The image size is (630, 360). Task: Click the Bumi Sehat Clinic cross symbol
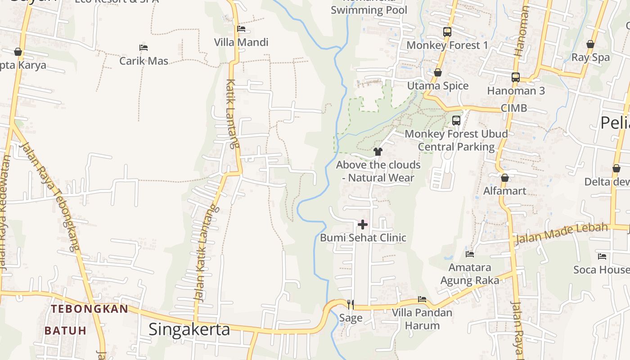pos(363,224)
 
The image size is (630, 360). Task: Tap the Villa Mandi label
pos(241,42)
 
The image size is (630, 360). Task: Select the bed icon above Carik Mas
pos(144,47)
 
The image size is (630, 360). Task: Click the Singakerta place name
pos(189,329)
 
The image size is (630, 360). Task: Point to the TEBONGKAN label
pos(89,309)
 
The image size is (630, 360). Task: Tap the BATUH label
pos(65,331)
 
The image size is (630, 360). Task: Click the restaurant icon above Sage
pos(351,305)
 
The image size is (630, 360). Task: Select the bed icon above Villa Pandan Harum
pos(422,299)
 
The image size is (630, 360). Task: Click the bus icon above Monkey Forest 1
pos(447,32)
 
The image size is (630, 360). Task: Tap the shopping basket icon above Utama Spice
pos(437,72)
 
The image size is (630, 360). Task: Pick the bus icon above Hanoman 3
pos(516,77)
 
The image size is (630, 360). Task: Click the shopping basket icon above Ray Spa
pos(590,44)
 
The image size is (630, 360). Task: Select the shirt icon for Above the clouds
pos(378,152)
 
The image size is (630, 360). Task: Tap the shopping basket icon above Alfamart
pos(504,178)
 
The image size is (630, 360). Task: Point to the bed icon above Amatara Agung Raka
pos(470,254)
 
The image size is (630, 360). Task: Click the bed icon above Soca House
pos(602,256)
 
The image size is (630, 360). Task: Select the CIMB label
pos(513,108)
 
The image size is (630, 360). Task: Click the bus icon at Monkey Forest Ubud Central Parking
pos(456,121)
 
